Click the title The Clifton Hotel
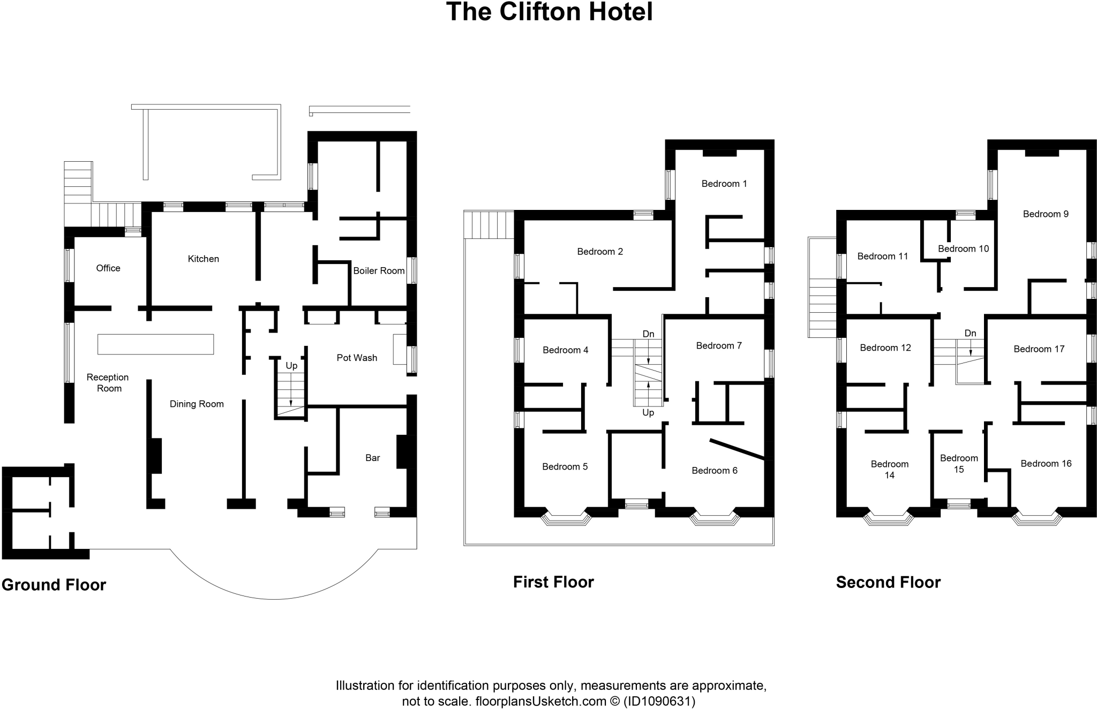pos(549,12)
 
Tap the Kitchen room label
pos(203,259)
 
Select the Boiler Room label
pos(379,270)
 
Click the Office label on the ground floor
pos(108,268)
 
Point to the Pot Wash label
pos(357,358)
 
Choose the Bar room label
pos(372,457)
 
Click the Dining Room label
pos(197,404)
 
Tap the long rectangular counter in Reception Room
pos(155,344)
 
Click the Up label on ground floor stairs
pos(291,366)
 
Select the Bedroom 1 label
pos(724,184)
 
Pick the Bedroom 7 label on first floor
pos(719,345)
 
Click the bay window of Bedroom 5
pos(566,518)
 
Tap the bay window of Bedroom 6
pos(715,518)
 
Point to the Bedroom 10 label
pos(963,248)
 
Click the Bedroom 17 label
pos(1039,349)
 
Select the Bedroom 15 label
pos(959,464)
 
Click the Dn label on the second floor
pos(970,333)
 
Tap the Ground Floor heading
pos(54,585)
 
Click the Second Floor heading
pos(888,582)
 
